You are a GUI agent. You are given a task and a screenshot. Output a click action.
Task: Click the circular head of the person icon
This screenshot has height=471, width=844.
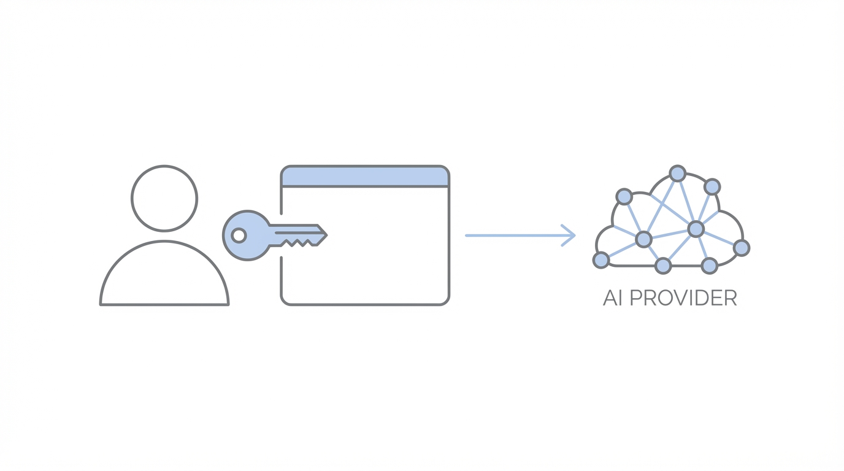coord(164,198)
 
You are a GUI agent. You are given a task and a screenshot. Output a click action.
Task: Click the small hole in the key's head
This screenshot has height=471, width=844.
coord(239,235)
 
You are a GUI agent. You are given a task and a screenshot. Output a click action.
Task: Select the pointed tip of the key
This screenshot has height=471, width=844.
coord(324,235)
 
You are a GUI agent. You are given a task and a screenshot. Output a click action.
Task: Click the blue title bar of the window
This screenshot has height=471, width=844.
coord(365,177)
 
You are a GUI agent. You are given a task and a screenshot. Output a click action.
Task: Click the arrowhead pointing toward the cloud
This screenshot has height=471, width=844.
coord(570,235)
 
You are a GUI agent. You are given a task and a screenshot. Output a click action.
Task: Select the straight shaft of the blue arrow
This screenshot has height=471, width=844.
coord(515,235)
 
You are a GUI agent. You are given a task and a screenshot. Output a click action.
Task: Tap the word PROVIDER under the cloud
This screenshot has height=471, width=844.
coord(683,298)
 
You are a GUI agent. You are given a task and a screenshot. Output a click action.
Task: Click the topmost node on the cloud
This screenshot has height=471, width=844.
coord(677,174)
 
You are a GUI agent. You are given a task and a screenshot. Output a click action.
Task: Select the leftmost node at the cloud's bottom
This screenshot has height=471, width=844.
coord(601,260)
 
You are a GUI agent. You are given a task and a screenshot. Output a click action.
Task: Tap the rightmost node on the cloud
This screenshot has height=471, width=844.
coord(742,248)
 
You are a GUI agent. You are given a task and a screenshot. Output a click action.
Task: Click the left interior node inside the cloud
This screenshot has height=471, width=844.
coord(643,239)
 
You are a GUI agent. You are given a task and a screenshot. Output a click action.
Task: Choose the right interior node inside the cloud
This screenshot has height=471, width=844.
coord(696,229)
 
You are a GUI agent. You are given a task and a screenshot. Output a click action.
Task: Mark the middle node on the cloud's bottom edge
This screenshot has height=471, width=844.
coord(663,266)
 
